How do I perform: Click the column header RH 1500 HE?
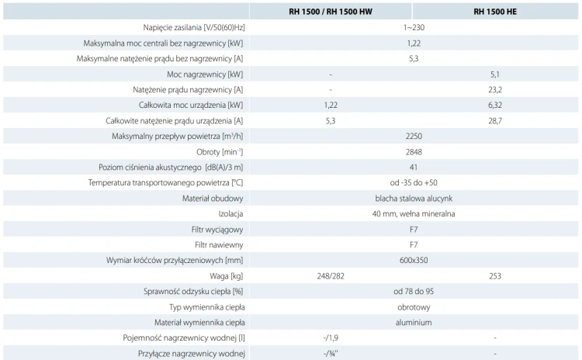pyautogui.click(x=495, y=12)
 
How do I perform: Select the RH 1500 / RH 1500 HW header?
pyautogui.click(x=331, y=12)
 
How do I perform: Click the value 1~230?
pyautogui.click(x=414, y=27)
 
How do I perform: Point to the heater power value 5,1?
pyautogui.click(x=495, y=74)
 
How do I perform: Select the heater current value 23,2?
pyautogui.click(x=495, y=90)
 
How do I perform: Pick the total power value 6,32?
pyautogui.click(x=495, y=105)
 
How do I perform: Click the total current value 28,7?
pyautogui.click(x=495, y=120)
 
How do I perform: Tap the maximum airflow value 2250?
pyautogui.click(x=414, y=137)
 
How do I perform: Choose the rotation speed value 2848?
pyautogui.click(x=414, y=152)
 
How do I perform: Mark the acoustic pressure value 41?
pyautogui.click(x=414, y=168)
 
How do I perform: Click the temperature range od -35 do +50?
pyautogui.click(x=414, y=182)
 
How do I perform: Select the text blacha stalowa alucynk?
pyautogui.click(x=414, y=199)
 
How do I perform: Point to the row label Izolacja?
pyautogui.click(x=230, y=214)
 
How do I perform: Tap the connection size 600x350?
pyautogui.click(x=414, y=260)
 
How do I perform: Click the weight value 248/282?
pyautogui.click(x=331, y=276)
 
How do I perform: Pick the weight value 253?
pyautogui.click(x=495, y=276)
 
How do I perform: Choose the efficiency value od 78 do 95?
pyautogui.click(x=414, y=292)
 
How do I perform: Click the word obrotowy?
pyautogui.click(x=414, y=307)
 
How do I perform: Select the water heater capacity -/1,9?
pyautogui.click(x=331, y=338)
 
